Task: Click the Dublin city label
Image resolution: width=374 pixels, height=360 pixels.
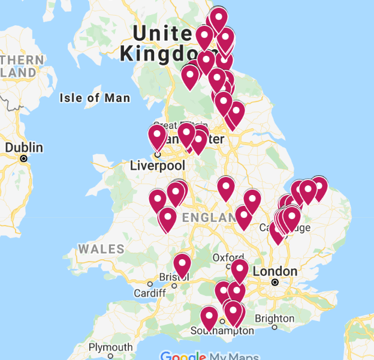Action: click(24, 148)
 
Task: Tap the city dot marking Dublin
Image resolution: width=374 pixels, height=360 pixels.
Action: click(24, 159)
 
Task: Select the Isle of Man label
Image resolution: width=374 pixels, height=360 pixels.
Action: click(95, 98)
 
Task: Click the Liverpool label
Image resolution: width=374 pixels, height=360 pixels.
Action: click(157, 165)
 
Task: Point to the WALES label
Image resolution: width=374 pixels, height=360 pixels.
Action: click(101, 249)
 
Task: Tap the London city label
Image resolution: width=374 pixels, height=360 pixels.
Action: click(275, 271)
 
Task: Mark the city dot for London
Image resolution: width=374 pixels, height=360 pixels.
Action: click(275, 282)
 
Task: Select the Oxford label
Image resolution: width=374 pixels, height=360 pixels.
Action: click(228, 257)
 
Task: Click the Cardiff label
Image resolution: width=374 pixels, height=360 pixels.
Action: click(150, 293)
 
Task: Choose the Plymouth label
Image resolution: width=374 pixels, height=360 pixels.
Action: click(110, 347)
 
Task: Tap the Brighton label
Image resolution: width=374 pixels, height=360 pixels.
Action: click(275, 318)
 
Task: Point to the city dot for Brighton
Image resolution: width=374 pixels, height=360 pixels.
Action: click(275, 328)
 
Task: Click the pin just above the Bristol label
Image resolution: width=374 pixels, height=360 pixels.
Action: click(182, 263)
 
